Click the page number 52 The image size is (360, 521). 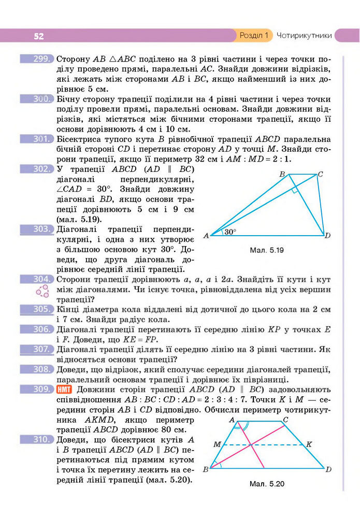(39, 36)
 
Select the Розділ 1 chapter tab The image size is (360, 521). (254, 36)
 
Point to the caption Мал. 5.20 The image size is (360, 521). (267, 485)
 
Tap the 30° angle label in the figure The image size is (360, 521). (230, 231)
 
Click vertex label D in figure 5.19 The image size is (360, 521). (327, 236)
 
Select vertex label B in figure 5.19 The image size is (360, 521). (282, 175)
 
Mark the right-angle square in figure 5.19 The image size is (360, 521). (295, 191)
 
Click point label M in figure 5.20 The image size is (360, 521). (217, 444)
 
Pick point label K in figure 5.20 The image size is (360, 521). (309, 444)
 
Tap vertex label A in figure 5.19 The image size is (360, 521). (206, 236)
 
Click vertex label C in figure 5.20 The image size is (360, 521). (285, 419)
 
